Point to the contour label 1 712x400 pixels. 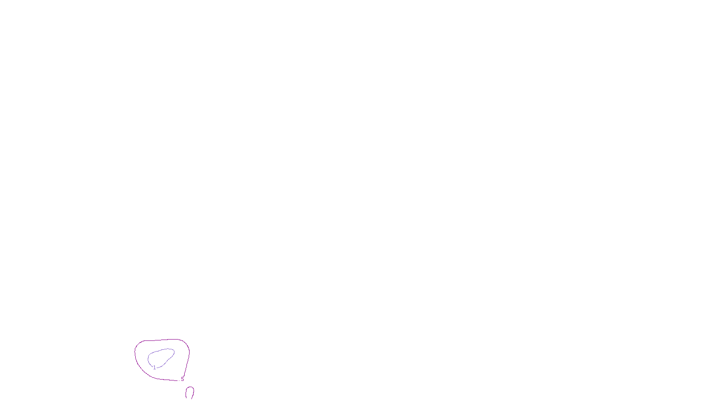[154, 368]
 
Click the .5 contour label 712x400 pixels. [182, 379]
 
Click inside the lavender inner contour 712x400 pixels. [160, 357]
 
